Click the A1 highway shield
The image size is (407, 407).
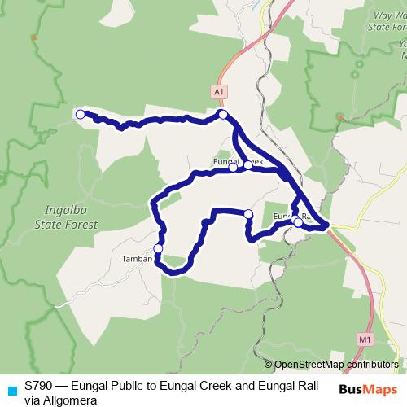click(x=218, y=93)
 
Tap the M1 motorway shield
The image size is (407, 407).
click(x=364, y=338)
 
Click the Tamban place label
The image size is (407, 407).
click(x=137, y=259)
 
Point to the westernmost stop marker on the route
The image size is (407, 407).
click(x=81, y=115)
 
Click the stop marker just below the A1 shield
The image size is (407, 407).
click(x=222, y=116)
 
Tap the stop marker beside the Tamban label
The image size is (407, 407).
click(x=158, y=249)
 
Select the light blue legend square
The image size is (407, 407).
click(x=11, y=389)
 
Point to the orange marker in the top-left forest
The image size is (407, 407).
click(x=33, y=37)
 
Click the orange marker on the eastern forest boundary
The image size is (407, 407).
click(x=339, y=119)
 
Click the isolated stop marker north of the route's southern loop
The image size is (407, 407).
click(x=248, y=214)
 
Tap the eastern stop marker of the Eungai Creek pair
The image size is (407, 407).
click(x=247, y=164)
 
